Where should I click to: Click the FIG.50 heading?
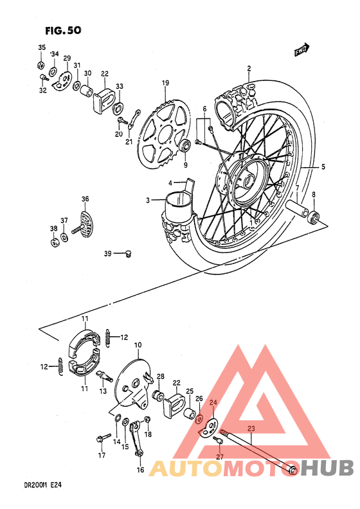(64, 30)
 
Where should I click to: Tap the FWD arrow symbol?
(302, 48)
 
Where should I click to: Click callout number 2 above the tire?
(248, 68)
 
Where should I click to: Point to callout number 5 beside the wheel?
(323, 167)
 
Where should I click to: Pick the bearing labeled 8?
(315, 216)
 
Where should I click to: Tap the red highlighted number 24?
(213, 403)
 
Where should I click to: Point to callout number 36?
(85, 199)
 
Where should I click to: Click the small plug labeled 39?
(127, 253)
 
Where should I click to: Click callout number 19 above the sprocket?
(165, 84)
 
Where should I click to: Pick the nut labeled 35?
(40, 66)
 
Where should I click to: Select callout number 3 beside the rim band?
(147, 201)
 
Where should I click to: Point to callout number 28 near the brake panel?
(161, 377)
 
